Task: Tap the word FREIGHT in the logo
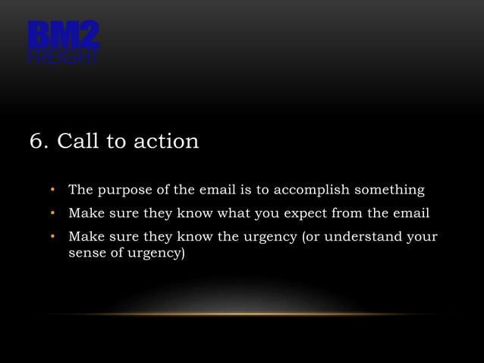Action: [x=64, y=58]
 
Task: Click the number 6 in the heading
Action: [x=35, y=142]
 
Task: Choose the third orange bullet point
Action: [x=53, y=237]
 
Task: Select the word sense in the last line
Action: [x=86, y=253]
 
